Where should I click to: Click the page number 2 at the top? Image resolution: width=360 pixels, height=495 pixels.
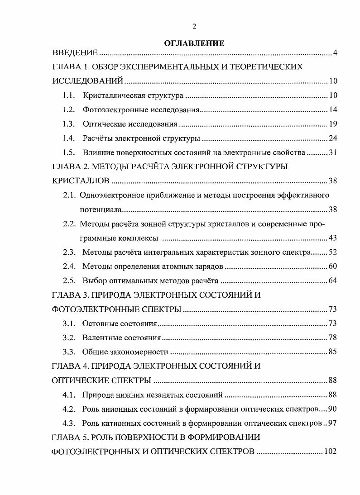coord(194,27)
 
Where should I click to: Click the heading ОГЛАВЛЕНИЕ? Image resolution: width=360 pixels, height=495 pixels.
coord(194,43)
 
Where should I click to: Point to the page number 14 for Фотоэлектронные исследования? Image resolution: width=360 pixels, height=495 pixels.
coord(333,110)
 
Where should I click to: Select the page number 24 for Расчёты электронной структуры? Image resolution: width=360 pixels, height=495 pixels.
coord(333,138)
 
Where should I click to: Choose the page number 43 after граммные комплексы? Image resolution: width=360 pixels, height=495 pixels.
coord(333,238)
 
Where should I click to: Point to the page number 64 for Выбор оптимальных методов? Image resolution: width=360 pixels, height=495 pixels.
coord(333,281)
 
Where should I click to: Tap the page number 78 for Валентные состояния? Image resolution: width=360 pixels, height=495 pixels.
coord(333,338)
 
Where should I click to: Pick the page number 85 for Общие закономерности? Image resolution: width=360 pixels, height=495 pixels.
coord(333,352)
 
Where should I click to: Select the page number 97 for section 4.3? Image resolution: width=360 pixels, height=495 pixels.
coord(333,423)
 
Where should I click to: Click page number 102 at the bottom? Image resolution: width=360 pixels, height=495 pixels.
coord(331,452)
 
